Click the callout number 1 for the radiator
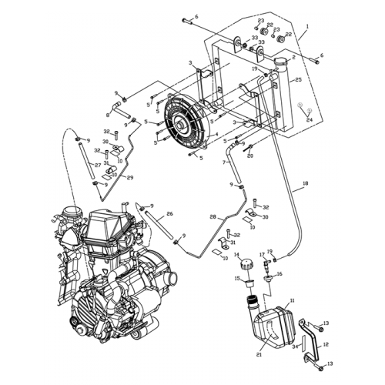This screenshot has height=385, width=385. pyautogui.click(x=306, y=25)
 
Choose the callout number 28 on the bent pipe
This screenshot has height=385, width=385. pyautogui.click(x=212, y=218)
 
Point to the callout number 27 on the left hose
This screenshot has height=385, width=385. pyautogui.click(x=97, y=164)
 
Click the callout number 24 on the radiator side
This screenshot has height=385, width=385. pyautogui.click(x=310, y=120)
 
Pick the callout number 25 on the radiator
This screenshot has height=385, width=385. pyautogui.click(x=298, y=79)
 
